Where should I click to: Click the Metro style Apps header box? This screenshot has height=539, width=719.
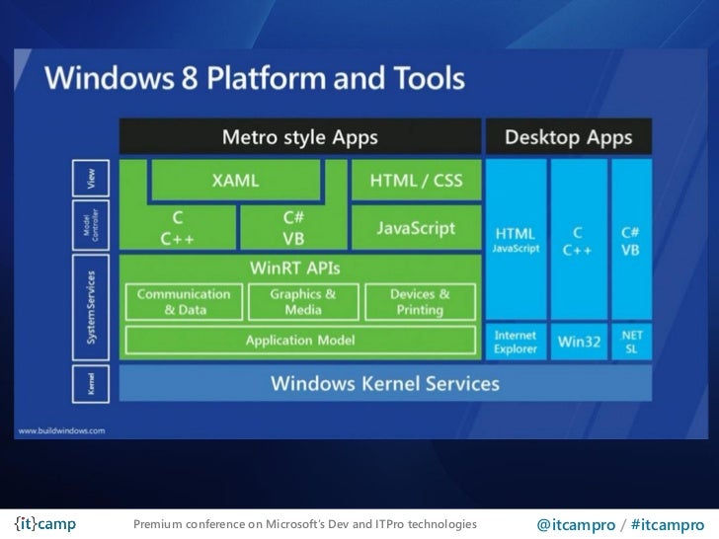tap(299, 137)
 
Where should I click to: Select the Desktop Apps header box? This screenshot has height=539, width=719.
tap(568, 137)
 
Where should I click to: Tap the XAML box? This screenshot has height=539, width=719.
tap(235, 181)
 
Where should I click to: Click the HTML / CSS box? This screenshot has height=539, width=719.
tap(415, 181)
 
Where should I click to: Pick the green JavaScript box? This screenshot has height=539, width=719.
tap(415, 228)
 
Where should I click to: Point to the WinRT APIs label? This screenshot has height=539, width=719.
tap(299, 268)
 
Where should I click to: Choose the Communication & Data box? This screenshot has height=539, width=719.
tap(184, 301)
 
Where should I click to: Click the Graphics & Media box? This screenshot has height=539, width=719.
tap(302, 301)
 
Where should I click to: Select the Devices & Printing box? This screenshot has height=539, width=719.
tap(419, 301)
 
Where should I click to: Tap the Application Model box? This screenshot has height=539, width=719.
tap(299, 340)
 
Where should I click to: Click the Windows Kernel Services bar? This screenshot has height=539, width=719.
tap(385, 382)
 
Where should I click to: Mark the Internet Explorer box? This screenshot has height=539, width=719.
tap(515, 342)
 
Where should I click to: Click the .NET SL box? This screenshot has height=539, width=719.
tap(631, 342)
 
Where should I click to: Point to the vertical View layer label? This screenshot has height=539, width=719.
tap(92, 179)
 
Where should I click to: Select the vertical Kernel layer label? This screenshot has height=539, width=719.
tap(92, 383)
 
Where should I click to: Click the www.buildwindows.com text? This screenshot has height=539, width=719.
tap(60, 430)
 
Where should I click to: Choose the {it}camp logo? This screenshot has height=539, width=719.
tap(46, 523)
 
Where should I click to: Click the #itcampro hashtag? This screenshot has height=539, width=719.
tap(669, 523)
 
